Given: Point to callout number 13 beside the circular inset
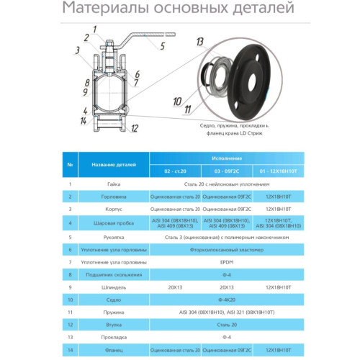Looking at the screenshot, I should (199, 45).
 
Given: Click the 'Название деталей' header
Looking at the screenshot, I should (110, 165).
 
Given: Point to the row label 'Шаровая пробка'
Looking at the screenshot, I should (110, 224).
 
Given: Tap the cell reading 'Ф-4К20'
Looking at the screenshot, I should (225, 299).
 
